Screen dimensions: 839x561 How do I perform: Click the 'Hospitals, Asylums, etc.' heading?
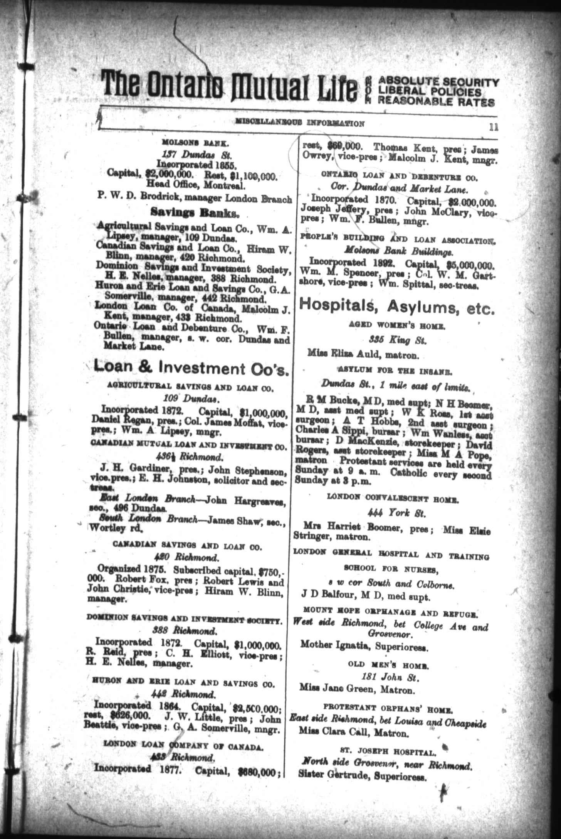[x=396, y=307]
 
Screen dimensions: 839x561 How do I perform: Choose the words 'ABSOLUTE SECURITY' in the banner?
[x=438, y=81]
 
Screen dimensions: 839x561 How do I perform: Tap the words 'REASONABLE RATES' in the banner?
[x=436, y=102]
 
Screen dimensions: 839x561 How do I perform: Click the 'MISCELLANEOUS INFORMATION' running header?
[x=300, y=124]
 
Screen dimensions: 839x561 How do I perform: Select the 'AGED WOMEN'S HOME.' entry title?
[x=397, y=326]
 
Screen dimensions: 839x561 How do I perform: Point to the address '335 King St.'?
[x=398, y=340]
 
